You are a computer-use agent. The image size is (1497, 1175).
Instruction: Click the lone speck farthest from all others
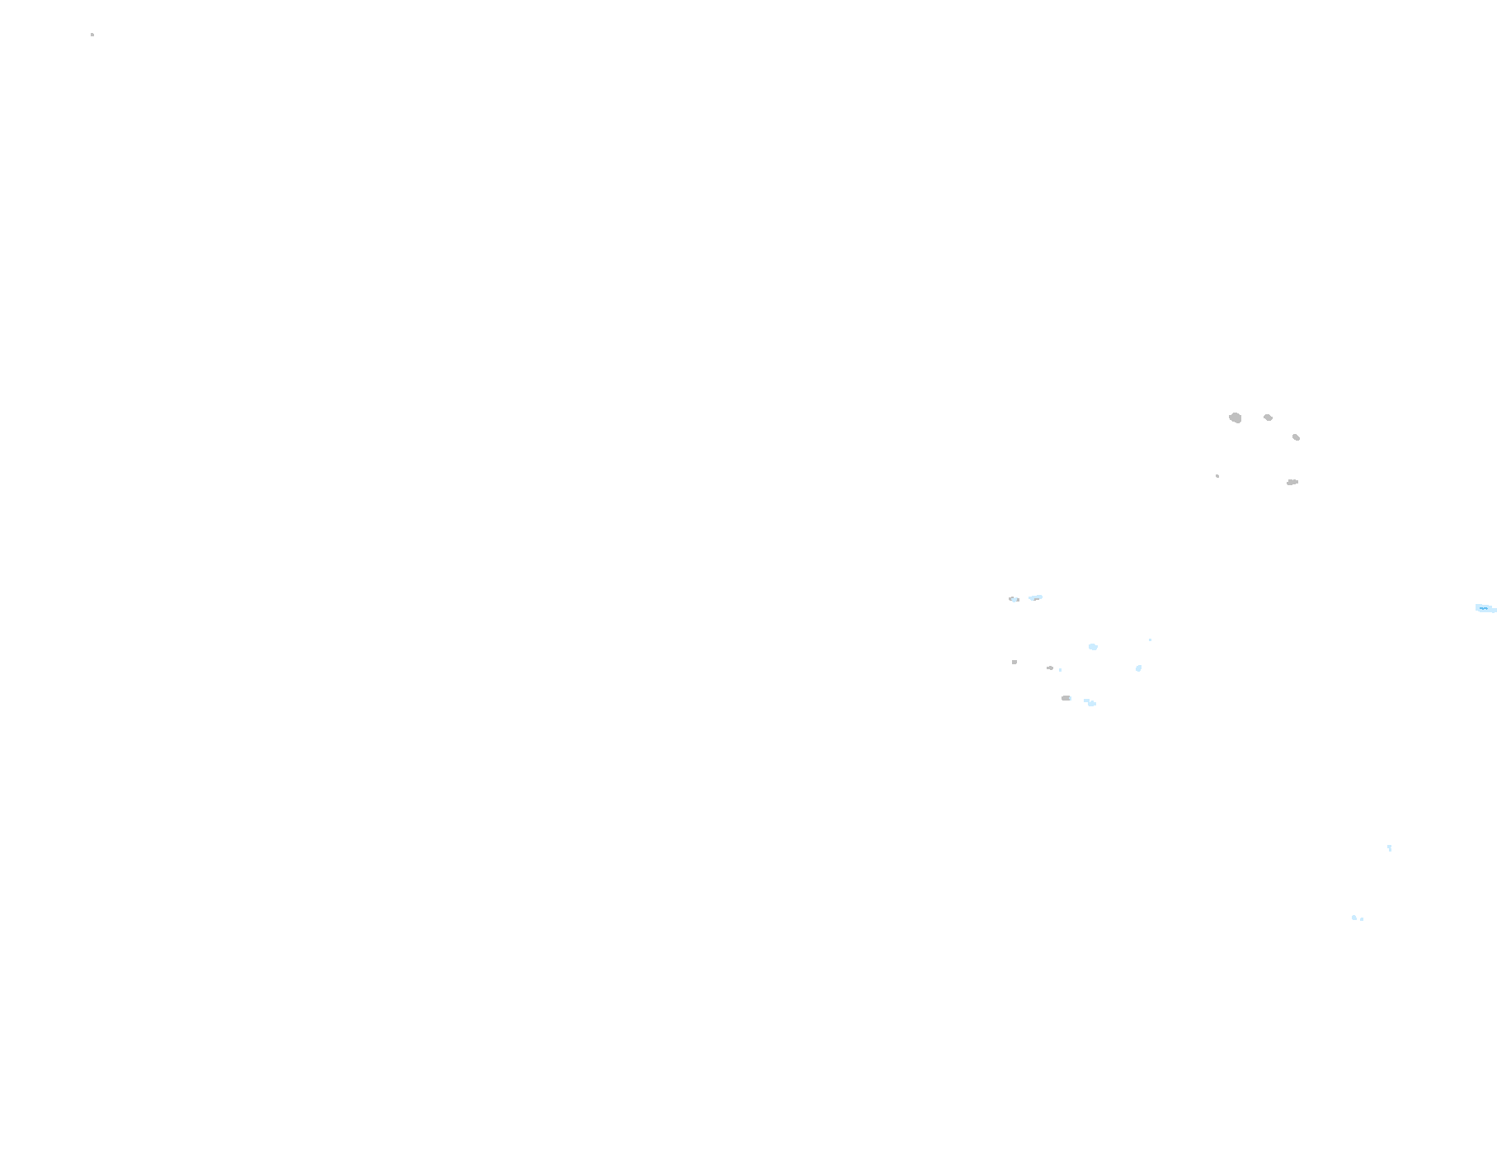tap(92, 35)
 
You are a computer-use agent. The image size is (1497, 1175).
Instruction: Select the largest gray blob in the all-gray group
tap(1235, 418)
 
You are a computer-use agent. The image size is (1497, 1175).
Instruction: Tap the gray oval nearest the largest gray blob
tap(1268, 418)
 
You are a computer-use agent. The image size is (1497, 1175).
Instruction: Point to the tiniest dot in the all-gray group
tap(1217, 476)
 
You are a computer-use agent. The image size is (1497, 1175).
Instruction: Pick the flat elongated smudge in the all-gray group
tap(1292, 482)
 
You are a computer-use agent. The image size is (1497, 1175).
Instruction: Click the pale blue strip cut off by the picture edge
tap(1485, 608)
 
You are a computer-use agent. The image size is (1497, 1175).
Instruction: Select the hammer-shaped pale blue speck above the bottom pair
tap(1390, 847)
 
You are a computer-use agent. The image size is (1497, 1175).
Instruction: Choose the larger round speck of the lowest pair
tap(1353, 917)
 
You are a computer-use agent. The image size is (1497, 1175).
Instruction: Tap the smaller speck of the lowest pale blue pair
tap(1362, 919)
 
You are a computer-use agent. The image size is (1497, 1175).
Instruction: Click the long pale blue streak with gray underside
tap(1036, 597)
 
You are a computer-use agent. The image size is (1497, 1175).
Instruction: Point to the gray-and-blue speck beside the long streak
tap(1014, 599)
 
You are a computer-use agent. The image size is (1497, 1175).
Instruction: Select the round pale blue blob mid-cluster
tap(1094, 647)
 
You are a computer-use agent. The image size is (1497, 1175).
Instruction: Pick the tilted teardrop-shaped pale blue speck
tap(1139, 668)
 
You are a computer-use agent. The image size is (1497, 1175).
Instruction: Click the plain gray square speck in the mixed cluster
tap(1014, 662)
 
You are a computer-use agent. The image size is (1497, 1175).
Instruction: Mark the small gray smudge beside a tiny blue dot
tap(1050, 668)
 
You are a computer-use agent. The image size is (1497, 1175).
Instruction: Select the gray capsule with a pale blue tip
tap(1066, 698)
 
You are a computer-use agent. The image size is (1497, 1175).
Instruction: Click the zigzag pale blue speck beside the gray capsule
tap(1090, 702)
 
